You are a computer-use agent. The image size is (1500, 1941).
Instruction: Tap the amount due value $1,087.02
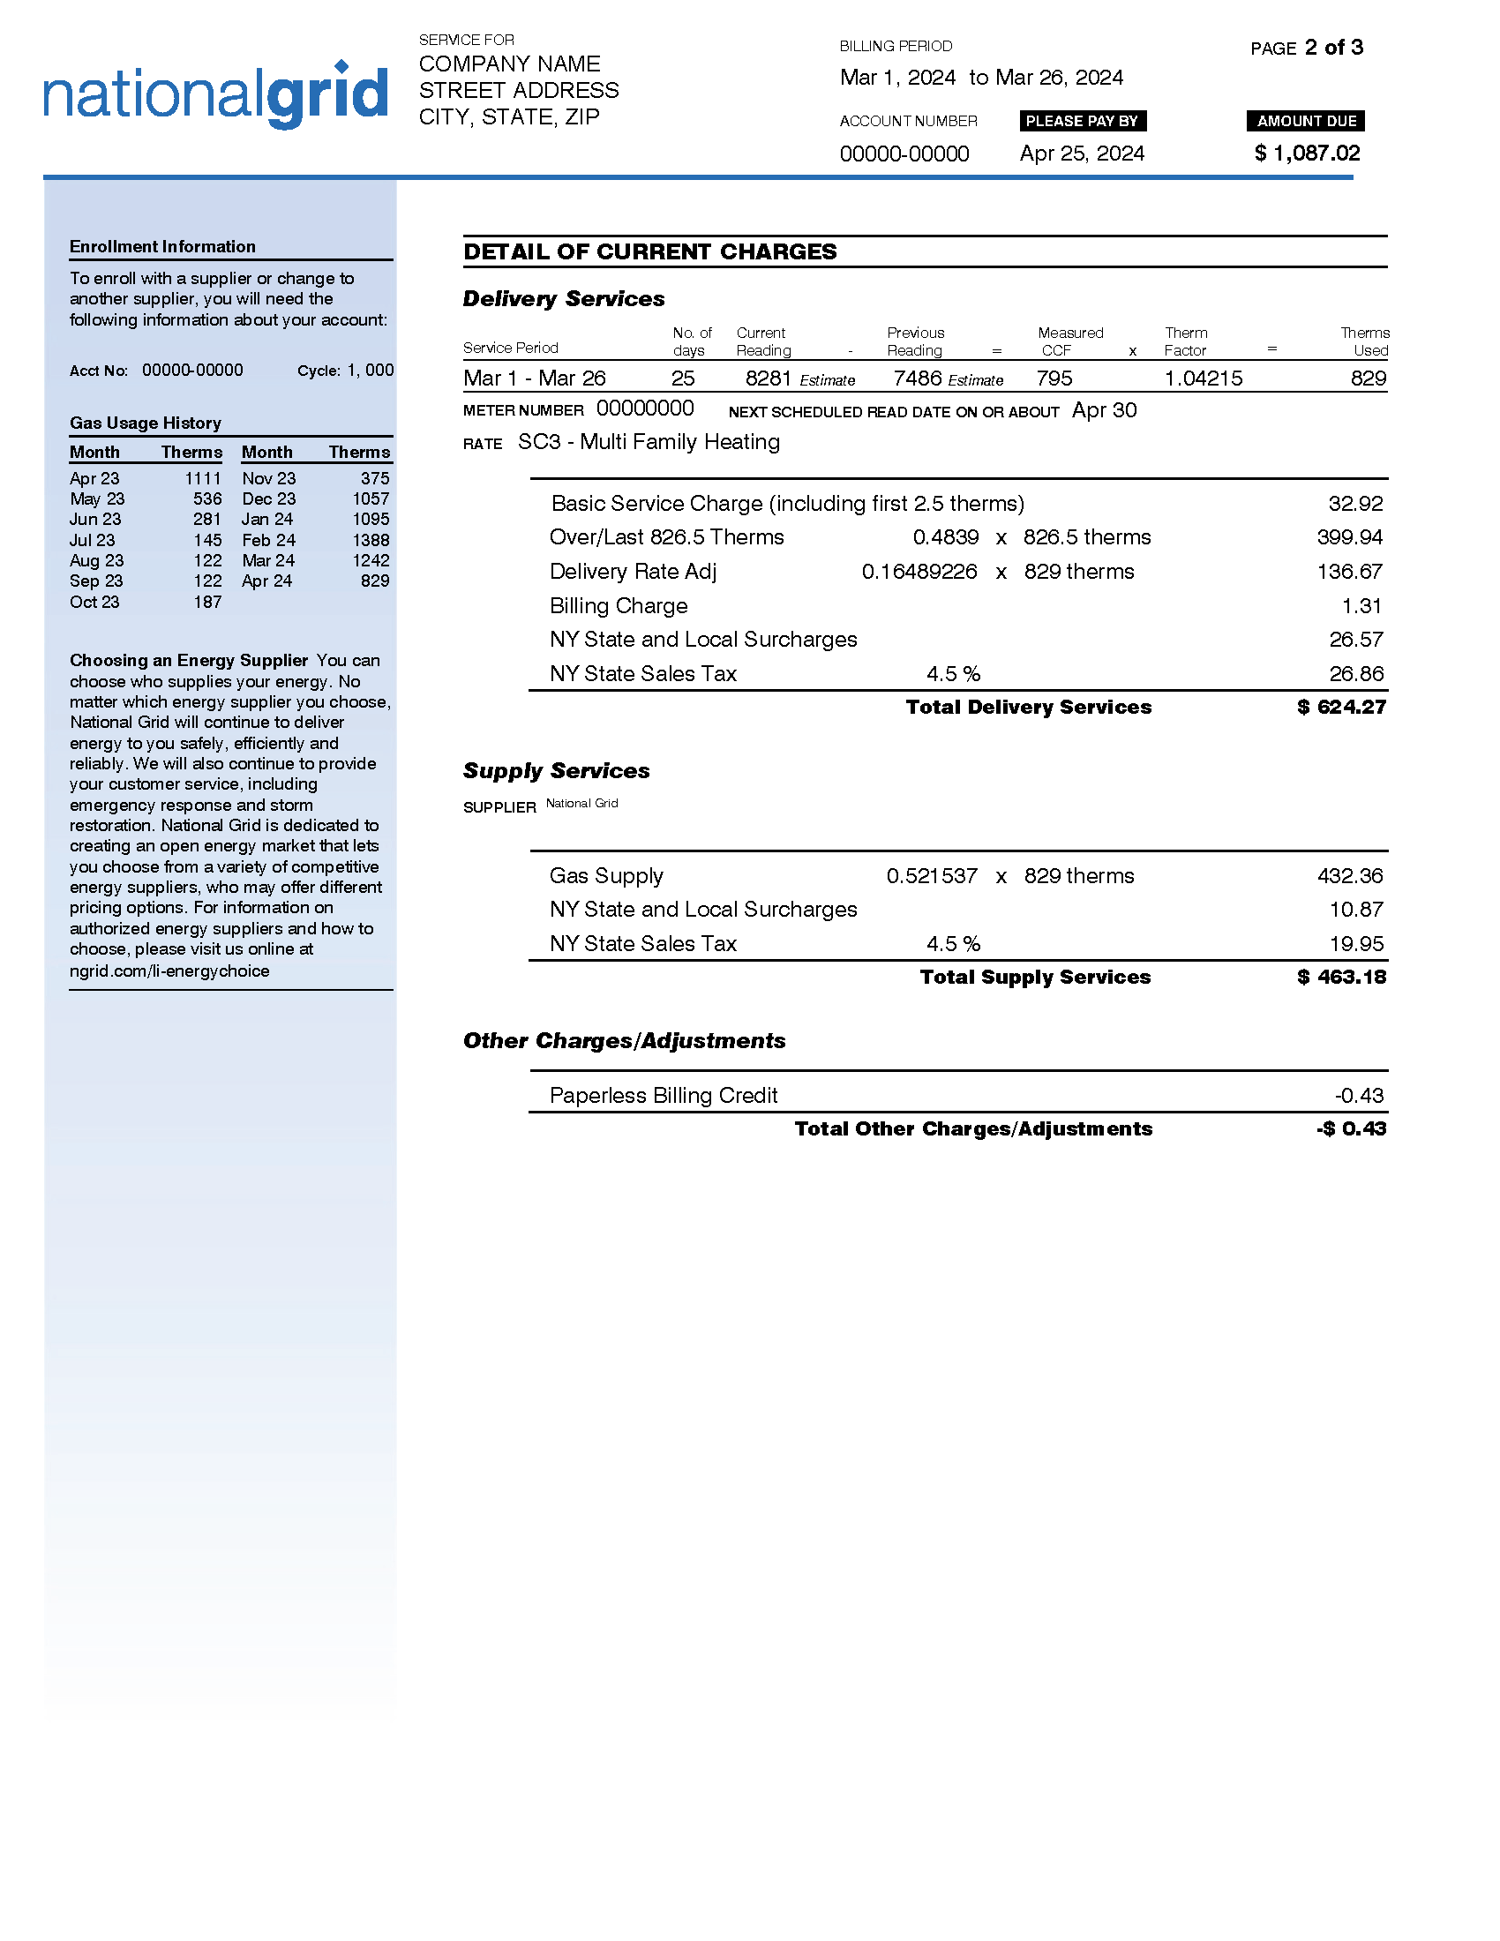tap(1306, 154)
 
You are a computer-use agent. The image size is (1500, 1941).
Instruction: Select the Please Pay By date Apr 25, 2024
tap(1082, 154)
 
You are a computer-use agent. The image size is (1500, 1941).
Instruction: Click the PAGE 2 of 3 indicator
tap(1306, 48)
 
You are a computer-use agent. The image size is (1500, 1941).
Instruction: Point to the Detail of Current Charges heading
tap(649, 252)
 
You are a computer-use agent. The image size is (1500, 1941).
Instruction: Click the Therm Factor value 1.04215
tap(1204, 378)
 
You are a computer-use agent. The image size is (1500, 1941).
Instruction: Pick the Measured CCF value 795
tap(1054, 378)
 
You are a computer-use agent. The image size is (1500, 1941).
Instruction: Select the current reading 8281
tap(768, 378)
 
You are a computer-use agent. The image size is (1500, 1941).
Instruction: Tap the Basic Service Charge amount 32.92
tap(1355, 504)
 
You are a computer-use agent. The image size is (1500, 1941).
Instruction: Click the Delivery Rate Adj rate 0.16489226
tap(919, 572)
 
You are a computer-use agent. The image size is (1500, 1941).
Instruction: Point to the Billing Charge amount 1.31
tap(1361, 606)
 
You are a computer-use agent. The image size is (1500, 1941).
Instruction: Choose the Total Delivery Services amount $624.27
tap(1341, 708)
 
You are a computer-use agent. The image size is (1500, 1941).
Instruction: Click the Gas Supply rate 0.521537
tap(931, 876)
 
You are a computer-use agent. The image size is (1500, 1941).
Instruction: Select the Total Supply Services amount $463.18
tap(1341, 978)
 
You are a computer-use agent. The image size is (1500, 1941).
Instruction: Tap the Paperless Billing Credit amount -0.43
tap(1359, 1096)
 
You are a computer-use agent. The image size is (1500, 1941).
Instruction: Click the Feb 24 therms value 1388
tap(371, 540)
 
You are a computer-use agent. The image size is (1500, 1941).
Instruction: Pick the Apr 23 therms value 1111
tap(203, 479)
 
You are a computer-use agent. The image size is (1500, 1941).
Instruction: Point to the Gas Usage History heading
tap(146, 423)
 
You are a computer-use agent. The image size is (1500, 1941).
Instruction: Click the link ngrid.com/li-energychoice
tap(169, 971)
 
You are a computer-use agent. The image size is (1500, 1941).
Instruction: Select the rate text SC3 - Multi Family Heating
tap(649, 443)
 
